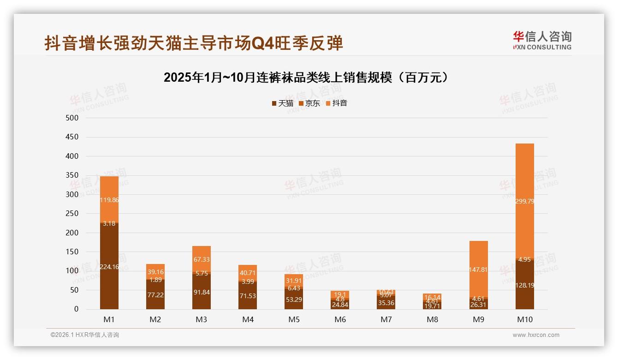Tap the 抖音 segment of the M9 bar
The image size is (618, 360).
click(478, 269)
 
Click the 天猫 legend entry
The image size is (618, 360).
click(282, 103)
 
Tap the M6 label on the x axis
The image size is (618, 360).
click(340, 319)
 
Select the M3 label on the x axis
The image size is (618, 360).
click(202, 319)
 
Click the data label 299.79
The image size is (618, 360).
click(524, 201)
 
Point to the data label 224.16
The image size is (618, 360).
click(109, 266)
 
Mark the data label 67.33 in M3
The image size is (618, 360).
click(202, 260)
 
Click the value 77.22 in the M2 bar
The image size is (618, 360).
click(155, 294)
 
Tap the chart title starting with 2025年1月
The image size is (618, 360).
click(306, 78)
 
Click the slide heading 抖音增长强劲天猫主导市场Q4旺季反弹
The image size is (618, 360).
click(194, 43)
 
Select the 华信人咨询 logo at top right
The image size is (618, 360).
click(542, 40)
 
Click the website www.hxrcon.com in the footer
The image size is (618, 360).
click(536, 335)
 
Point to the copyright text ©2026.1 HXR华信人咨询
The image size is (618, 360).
click(85, 335)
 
